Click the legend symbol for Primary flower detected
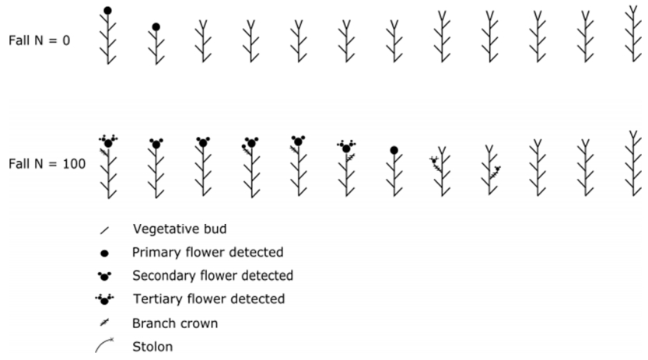click(103, 252)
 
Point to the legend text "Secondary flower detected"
click(212, 275)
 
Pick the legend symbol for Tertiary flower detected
click(103, 299)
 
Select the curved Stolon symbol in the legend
click(104, 346)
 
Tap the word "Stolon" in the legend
click(152, 346)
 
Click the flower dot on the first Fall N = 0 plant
click(107, 11)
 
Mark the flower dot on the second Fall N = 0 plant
click(156, 27)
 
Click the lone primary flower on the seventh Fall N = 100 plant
click(394, 149)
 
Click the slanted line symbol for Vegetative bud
click(103, 230)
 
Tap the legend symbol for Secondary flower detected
click(103, 276)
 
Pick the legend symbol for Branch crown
click(103, 323)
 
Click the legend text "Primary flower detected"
click(208, 252)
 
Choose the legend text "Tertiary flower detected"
click(208, 299)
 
